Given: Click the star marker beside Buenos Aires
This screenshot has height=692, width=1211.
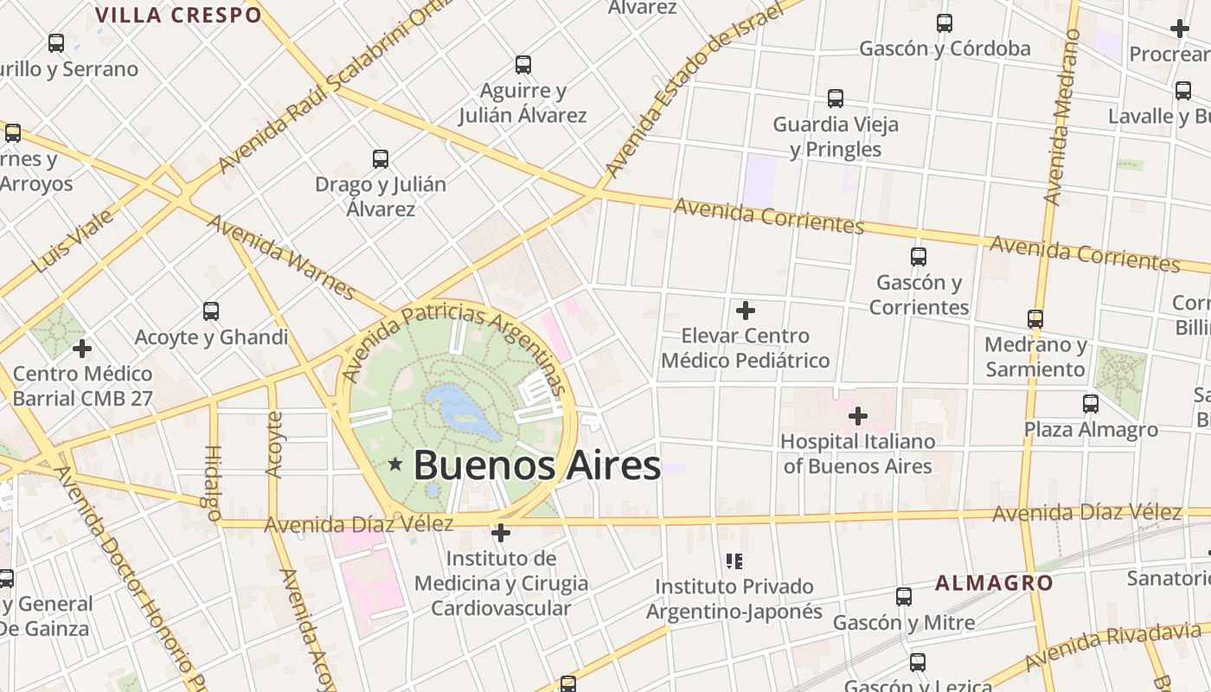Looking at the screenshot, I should [x=395, y=465].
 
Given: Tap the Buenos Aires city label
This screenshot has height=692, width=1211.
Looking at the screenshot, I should [x=536, y=465].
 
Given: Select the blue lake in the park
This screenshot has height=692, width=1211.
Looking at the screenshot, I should [x=458, y=410].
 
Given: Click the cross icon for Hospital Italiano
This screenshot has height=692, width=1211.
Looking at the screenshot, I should [x=857, y=416].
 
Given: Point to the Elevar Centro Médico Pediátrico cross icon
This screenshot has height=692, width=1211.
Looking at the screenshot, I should [x=745, y=310].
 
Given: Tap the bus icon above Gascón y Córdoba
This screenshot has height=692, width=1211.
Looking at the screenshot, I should [x=944, y=23].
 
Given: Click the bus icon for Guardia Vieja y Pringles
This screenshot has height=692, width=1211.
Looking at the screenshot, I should [x=835, y=99].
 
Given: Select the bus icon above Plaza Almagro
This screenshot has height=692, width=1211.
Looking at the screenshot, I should [x=1090, y=403].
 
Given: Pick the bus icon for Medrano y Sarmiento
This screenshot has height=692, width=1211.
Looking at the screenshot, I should [x=1035, y=318].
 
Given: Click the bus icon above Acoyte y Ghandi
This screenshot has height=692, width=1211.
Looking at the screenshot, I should [x=210, y=311].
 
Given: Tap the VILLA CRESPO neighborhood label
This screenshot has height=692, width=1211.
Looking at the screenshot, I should [x=178, y=15].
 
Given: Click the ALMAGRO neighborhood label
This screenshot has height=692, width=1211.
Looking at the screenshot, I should [x=994, y=582].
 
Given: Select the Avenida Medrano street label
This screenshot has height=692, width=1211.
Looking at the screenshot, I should [x=1063, y=117].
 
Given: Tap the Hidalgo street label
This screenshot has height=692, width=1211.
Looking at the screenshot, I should [x=213, y=483].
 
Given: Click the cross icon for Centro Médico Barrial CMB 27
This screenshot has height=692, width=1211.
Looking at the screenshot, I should [x=82, y=349].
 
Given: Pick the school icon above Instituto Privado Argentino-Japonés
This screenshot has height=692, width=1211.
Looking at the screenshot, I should [x=734, y=561].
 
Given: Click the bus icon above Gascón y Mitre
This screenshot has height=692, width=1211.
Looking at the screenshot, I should [x=903, y=596].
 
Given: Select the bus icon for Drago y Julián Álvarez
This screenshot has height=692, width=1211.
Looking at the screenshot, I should [x=380, y=159].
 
